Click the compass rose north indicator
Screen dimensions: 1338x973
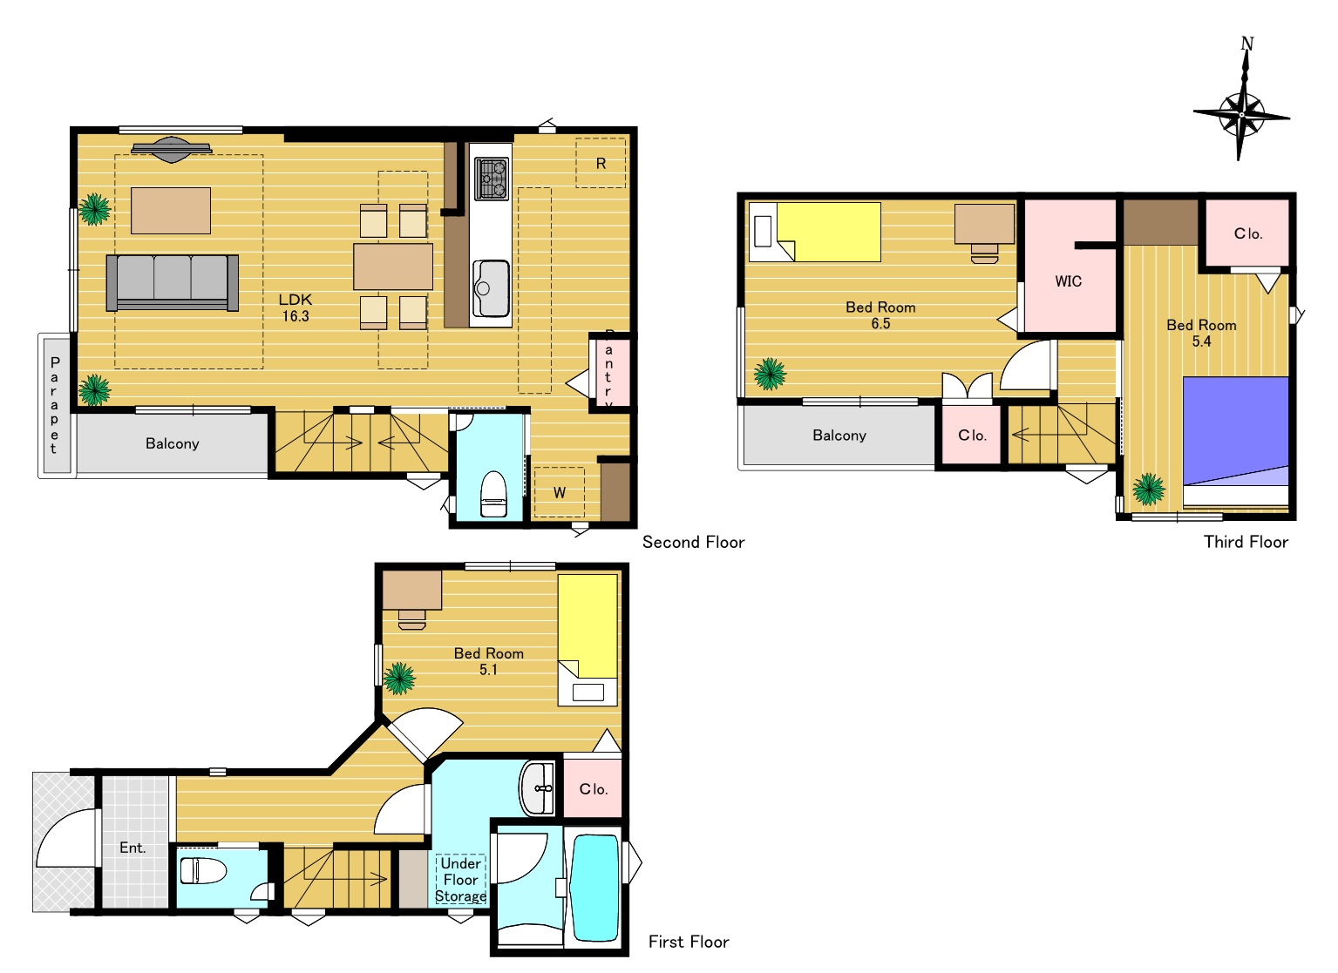tap(1242, 100)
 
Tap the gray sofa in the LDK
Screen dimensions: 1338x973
tap(172, 282)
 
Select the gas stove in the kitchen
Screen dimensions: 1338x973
tap(492, 178)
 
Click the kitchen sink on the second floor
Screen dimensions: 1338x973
tap(491, 288)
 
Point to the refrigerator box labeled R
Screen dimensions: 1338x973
tap(601, 163)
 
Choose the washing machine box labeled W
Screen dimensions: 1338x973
tap(559, 492)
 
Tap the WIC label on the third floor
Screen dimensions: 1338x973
tap(1068, 281)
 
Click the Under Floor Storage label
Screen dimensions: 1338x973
tap(460, 879)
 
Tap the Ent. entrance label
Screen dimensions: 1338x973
tap(132, 848)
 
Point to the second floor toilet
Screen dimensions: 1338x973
tap(493, 494)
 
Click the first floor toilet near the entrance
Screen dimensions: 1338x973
tap(203, 870)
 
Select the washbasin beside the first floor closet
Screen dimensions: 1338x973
tap(538, 788)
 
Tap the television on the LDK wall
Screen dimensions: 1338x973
tap(172, 149)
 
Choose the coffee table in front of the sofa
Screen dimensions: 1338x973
tap(171, 211)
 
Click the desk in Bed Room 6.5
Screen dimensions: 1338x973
tap(984, 224)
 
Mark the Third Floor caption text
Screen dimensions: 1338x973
tap(1246, 542)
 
